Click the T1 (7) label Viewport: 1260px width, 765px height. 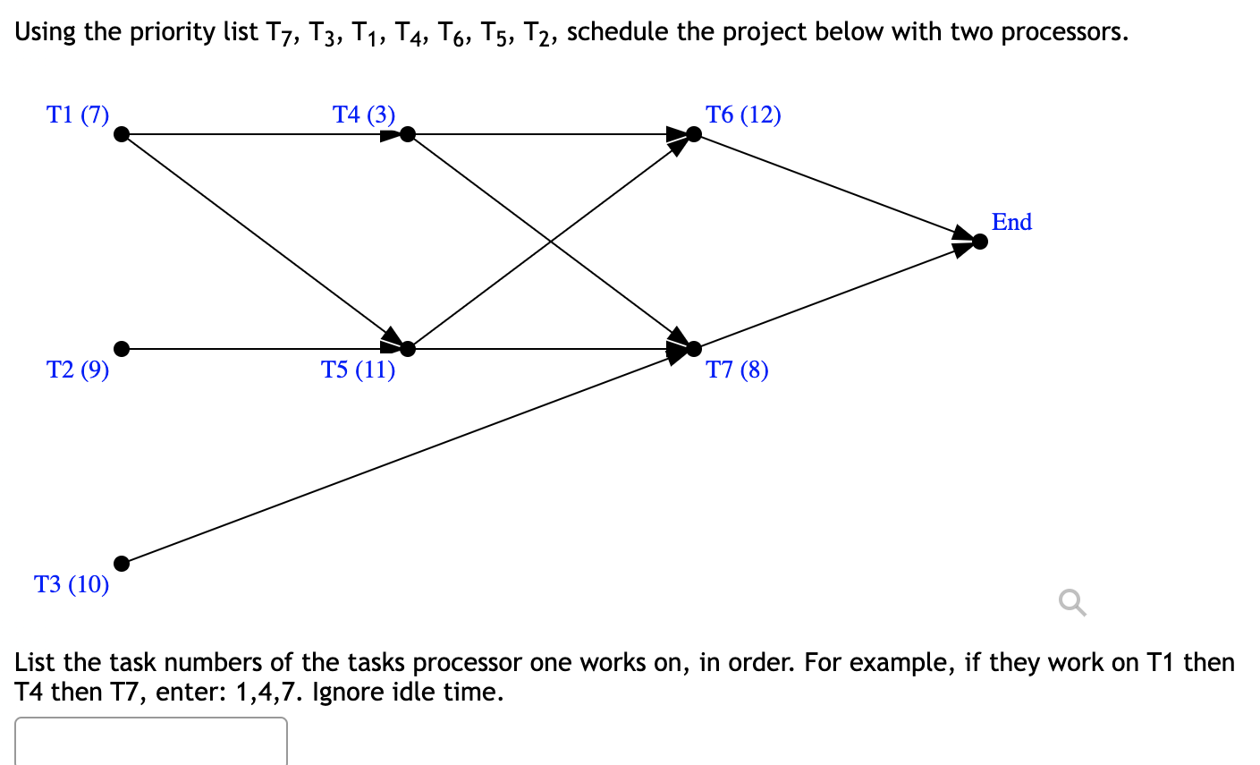78,115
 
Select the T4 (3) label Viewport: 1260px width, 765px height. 364,115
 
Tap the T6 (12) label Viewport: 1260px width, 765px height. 743,115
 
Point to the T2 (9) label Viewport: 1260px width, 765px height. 78,370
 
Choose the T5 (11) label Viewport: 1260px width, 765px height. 359,370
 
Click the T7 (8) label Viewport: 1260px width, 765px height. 737,370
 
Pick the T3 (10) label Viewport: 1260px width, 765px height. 72,584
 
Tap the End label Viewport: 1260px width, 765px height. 1011,222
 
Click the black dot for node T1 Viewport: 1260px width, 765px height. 122,134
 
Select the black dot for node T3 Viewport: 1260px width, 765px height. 122,564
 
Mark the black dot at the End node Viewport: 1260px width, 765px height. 980,242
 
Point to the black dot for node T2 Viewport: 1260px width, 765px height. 122,348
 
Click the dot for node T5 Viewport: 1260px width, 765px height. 408,348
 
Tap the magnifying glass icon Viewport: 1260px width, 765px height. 1072,603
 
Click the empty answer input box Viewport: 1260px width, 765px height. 150,741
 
